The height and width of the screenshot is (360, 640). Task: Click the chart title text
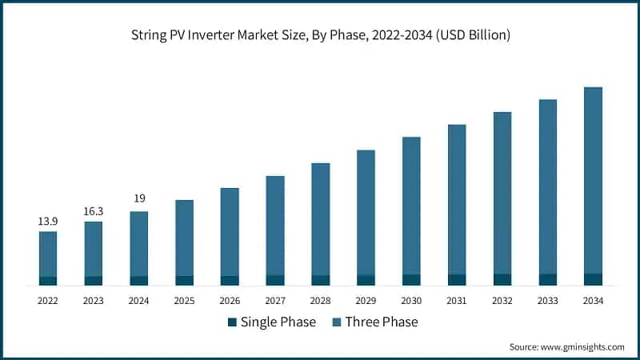coord(320,35)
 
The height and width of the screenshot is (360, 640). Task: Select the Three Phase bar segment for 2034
coord(593,180)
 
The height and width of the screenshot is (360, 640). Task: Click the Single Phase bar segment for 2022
coord(48,281)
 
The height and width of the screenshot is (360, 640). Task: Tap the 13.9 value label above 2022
coord(48,221)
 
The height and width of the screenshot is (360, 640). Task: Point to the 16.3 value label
coord(94,211)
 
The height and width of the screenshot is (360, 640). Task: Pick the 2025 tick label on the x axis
coord(184,301)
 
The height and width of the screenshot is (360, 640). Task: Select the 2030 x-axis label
coord(411,301)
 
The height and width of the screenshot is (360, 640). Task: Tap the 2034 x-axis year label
coord(593,301)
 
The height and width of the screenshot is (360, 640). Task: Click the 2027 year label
coord(275,301)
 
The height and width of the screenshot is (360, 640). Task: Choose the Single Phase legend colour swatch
coord(233,322)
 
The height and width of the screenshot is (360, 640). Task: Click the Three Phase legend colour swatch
coord(336,322)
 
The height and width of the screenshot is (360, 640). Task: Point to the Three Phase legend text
coord(382,322)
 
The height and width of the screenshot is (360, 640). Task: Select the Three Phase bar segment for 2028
coord(321,219)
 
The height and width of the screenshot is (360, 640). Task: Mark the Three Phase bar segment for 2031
coord(457,199)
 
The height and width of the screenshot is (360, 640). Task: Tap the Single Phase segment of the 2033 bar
coord(547,279)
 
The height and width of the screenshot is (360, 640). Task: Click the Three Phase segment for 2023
coord(94,249)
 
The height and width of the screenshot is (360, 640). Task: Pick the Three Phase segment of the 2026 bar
coord(230,232)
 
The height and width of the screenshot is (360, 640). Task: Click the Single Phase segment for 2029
coord(366,280)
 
